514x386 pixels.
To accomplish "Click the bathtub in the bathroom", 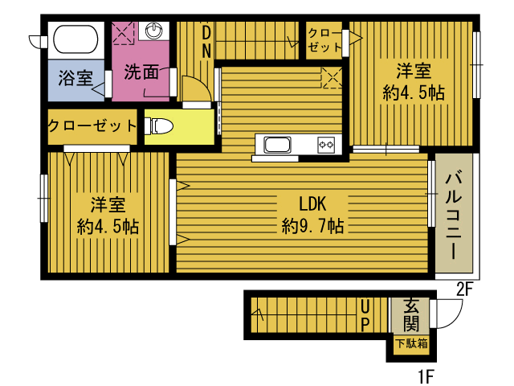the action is point(75,39).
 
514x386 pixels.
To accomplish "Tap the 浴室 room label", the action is point(75,78).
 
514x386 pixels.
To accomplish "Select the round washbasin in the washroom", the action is point(153,31).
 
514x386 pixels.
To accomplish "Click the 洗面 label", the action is point(141,72).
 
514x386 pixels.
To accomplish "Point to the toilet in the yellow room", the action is point(159,126).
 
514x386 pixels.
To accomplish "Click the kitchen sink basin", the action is point(277,145).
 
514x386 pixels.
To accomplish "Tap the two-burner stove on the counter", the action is point(326,145).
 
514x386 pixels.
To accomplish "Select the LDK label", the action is point(312,203).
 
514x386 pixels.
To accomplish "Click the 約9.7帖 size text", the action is point(312,226).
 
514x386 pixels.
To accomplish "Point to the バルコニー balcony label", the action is point(454,216).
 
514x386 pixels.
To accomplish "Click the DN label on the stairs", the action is point(206,42).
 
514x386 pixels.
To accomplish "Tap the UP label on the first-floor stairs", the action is point(365,316).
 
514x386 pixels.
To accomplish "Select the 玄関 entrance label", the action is point(411,315).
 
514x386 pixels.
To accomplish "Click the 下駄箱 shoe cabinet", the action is point(412,344).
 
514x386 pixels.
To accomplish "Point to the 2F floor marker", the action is point(465,289).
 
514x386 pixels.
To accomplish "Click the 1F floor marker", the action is point(426,376).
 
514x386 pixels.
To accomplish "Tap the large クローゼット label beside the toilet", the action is point(92,125).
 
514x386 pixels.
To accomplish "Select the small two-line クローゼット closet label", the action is point(324,40).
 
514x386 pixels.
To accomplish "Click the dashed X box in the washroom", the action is point(123,33).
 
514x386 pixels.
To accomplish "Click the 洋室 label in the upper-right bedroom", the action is point(414,71).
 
